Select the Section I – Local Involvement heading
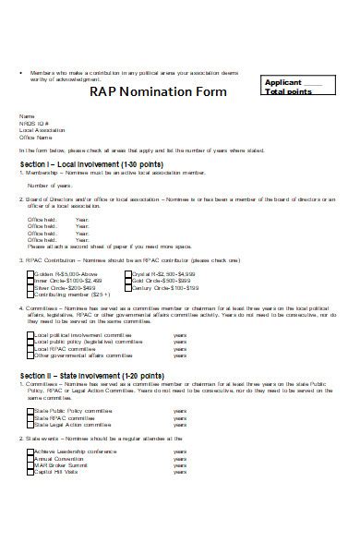tap(79, 163)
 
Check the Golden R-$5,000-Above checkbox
tap(30, 248)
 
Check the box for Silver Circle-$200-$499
tap(30, 262)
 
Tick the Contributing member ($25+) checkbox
tap(30, 269)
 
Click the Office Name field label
tap(33, 137)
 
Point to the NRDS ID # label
tap(32, 123)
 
